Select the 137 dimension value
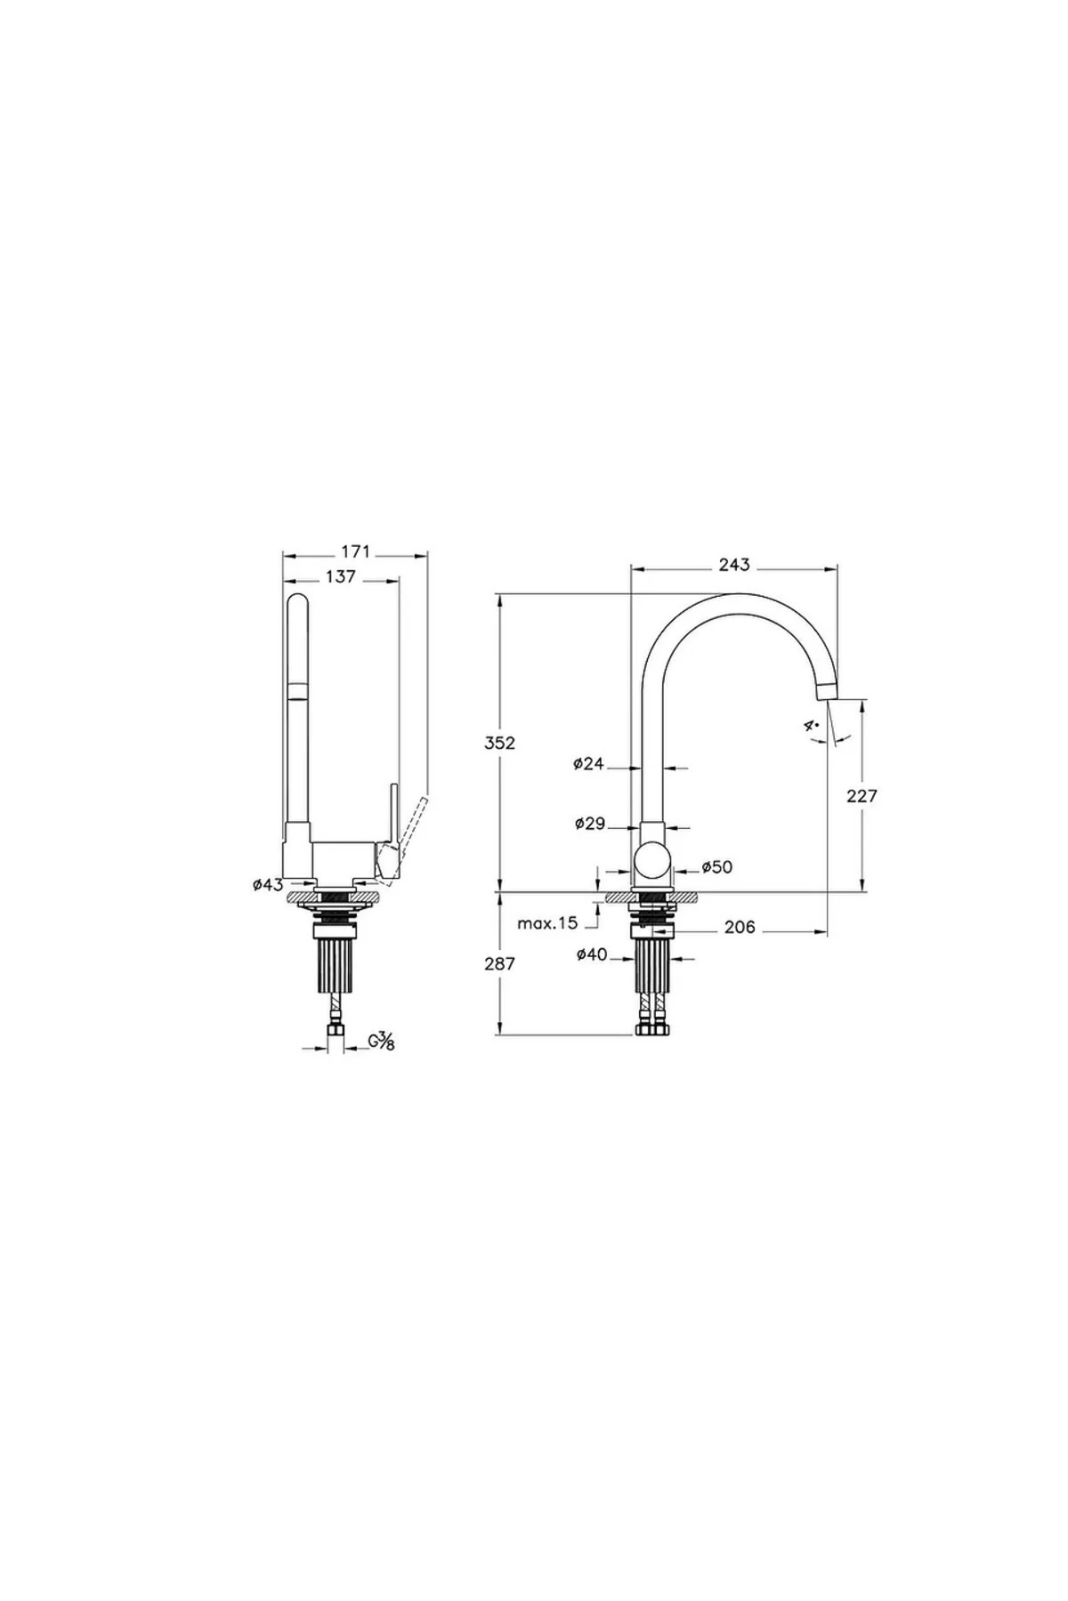pos(341,577)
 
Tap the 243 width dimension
pos(734,565)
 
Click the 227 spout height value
pos(862,795)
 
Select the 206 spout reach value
pos(739,927)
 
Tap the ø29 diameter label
pos(589,824)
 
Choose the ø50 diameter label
pos(716,866)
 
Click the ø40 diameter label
pos(592,954)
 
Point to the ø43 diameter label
pos(268,884)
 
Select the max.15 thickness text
pos(547,923)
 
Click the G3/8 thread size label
pos(380,1041)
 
